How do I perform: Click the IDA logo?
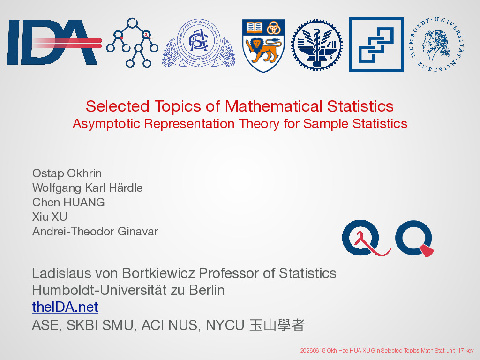pos(54,42)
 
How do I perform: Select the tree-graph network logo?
pos(132,43)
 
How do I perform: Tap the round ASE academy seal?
pos(199,43)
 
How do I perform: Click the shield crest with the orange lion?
pos(263,45)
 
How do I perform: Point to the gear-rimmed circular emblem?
pos(317,45)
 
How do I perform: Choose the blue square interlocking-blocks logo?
pos(376,45)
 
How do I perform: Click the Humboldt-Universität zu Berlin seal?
pos(437,45)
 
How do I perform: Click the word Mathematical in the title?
pos(274,106)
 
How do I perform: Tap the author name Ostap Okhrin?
pos(67,173)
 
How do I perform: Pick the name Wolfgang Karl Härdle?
pos(88,188)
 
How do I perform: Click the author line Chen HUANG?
pos(68,202)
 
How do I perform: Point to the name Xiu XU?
pos(50,217)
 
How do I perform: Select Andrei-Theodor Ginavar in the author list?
pos(95,231)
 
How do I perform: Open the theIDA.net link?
pos(65,307)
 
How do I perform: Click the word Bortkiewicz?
pos(158,273)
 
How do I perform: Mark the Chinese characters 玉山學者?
pos(277,325)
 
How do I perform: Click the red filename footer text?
pos(387,351)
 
